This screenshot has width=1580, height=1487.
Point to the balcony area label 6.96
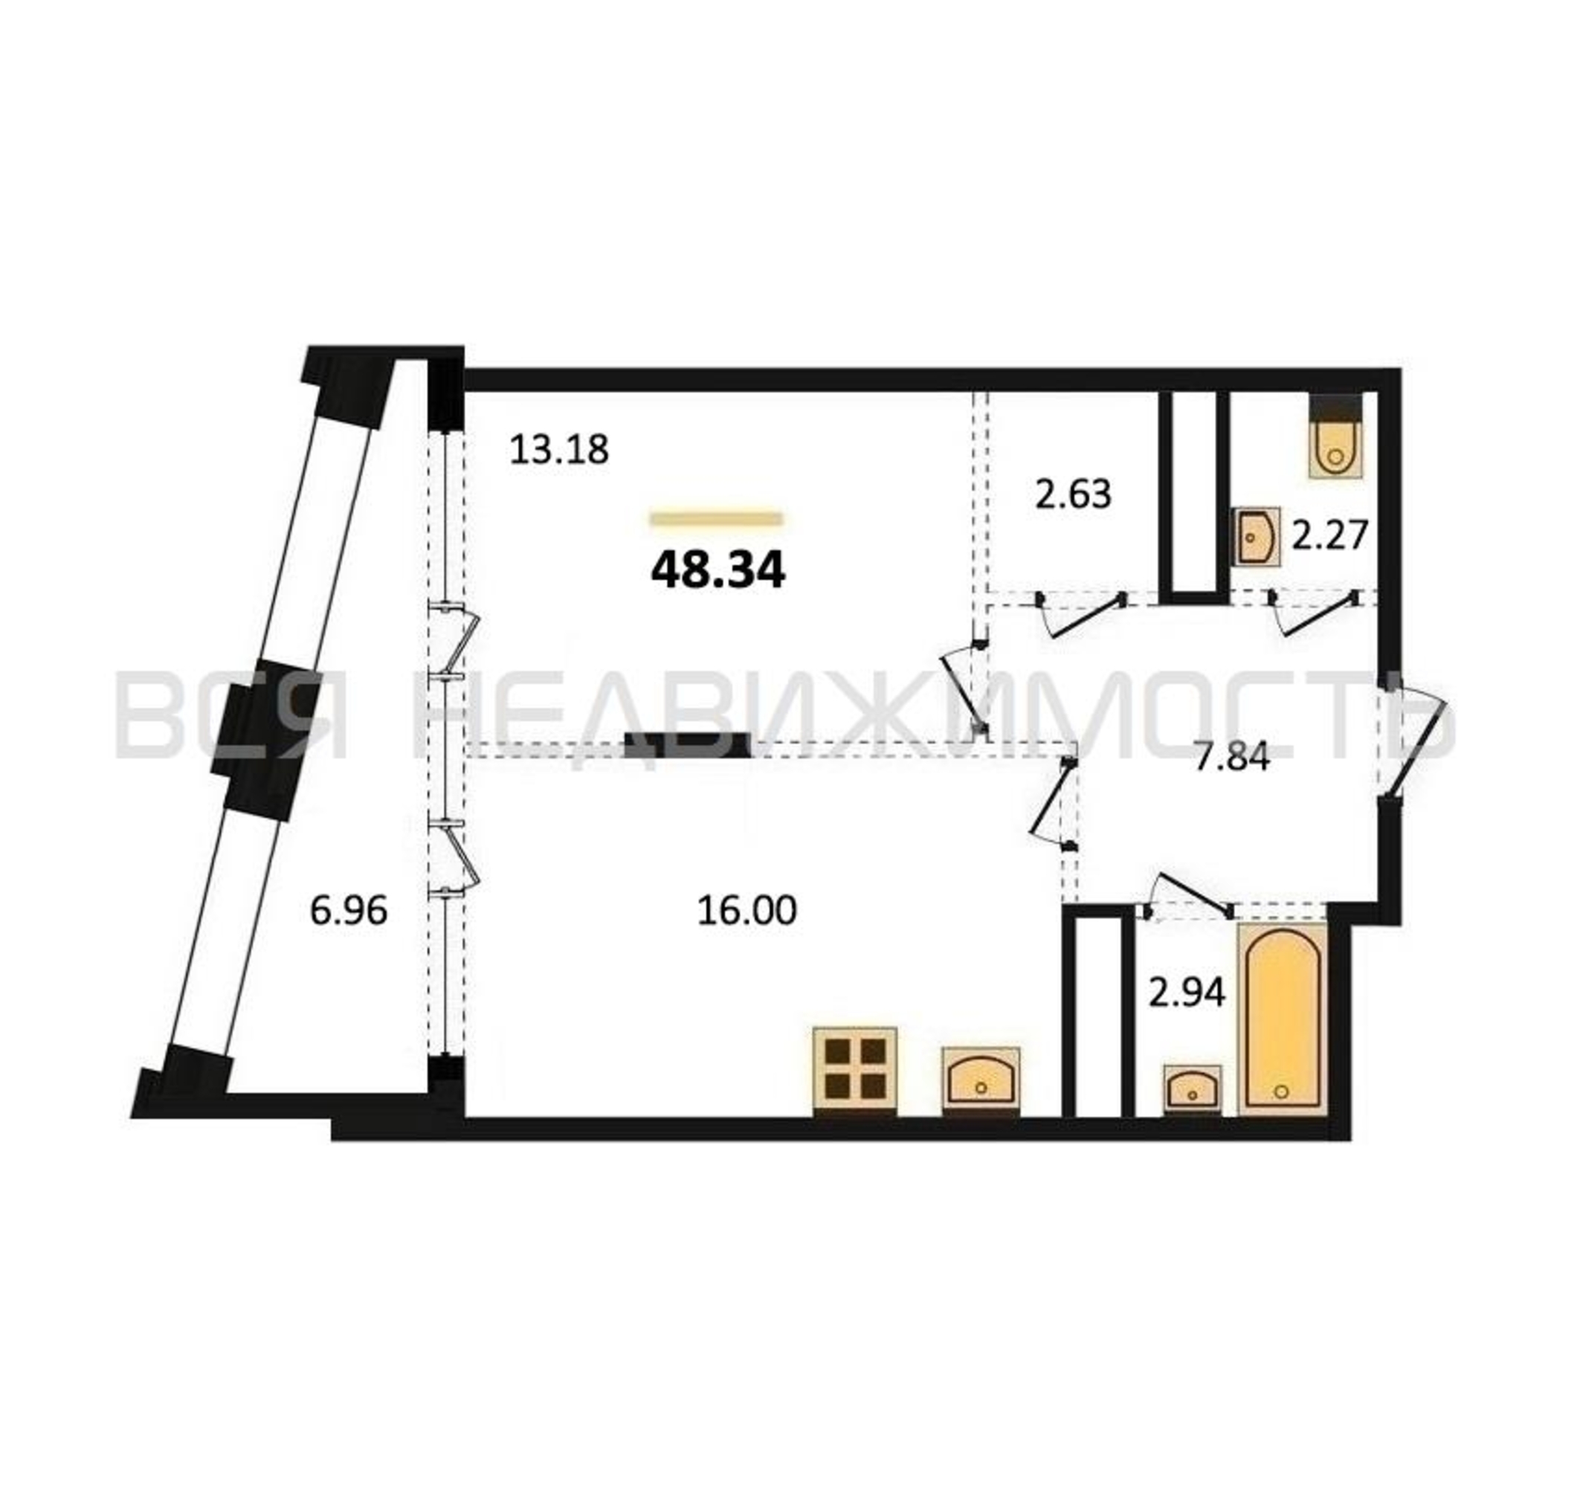(348, 911)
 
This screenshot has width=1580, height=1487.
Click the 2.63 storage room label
(1073, 494)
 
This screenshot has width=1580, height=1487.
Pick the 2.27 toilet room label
(1329, 534)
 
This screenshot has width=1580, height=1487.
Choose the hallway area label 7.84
(1233, 758)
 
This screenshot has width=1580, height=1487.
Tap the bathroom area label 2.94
(1187, 992)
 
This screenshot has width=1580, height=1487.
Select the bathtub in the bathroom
(1282, 1019)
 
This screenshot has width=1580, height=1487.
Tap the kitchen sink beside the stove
(981, 1077)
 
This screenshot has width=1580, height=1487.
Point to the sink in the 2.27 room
(1257, 537)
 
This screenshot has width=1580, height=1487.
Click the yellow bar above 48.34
(717, 520)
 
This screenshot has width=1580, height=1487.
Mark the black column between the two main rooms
(688, 745)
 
